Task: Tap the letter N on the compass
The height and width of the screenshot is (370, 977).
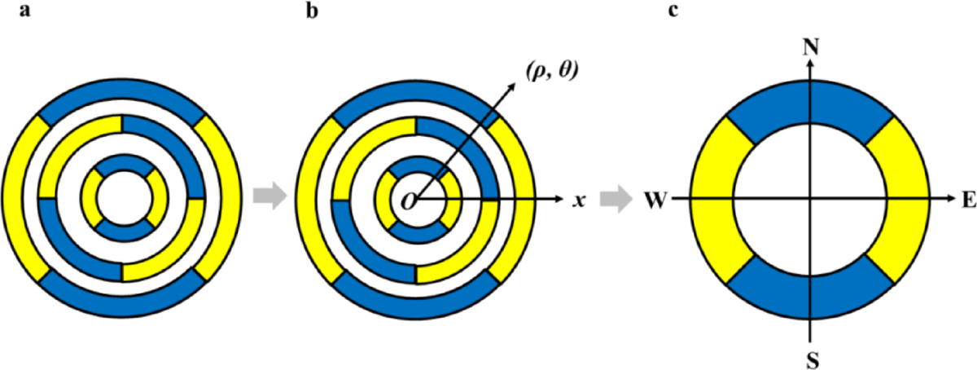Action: pyautogui.click(x=810, y=48)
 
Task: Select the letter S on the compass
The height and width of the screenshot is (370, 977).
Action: pyautogui.click(x=810, y=356)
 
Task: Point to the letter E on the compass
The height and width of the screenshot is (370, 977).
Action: pyautogui.click(x=966, y=199)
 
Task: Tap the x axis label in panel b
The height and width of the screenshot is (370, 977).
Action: pyautogui.click(x=579, y=200)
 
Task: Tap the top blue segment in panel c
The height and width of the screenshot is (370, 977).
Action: pyautogui.click(x=810, y=102)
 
